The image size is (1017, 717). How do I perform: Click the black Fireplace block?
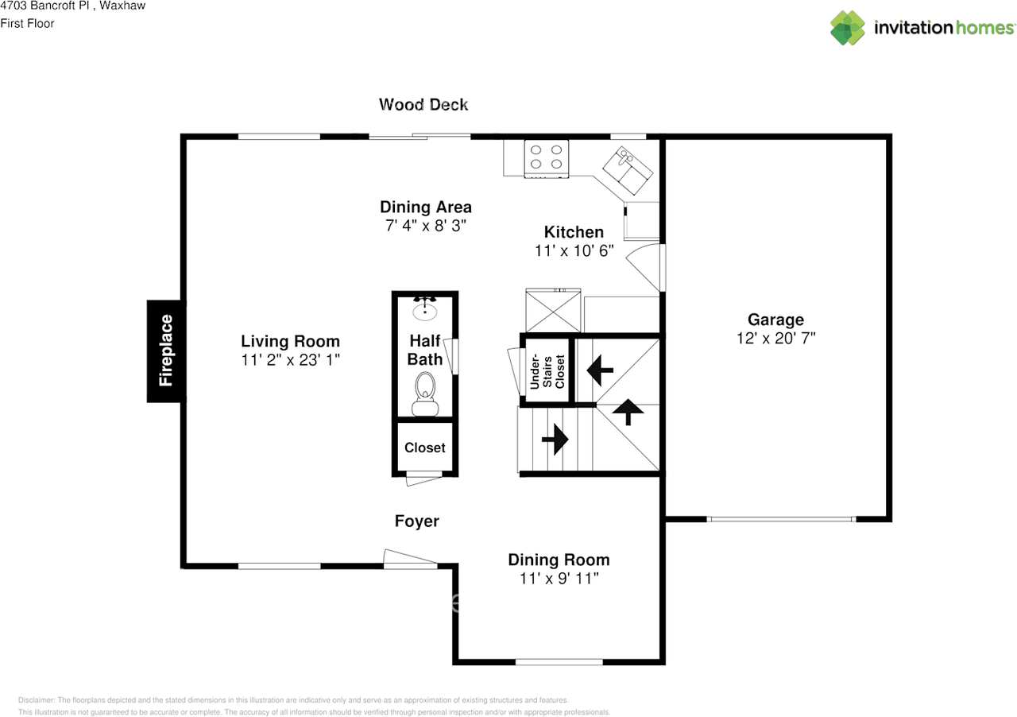[x=166, y=351]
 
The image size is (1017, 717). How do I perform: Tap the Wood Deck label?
[x=423, y=104]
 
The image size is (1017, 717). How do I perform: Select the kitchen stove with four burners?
[x=546, y=158]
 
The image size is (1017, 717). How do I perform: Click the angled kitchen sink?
[x=628, y=170]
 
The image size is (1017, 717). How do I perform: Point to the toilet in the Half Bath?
[x=425, y=393]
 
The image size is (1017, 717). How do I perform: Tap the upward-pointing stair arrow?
[x=628, y=412]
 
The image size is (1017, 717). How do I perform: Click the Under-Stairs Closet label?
[x=547, y=372]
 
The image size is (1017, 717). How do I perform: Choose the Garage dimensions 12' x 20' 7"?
[x=776, y=339]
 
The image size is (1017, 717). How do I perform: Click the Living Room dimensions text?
[x=290, y=360]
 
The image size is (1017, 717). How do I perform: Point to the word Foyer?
[x=417, y=521]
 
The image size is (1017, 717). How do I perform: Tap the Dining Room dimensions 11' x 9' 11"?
[x=559, y=579]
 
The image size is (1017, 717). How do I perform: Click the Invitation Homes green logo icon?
[x=847, y=28]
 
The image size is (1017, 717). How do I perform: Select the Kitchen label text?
[x=574, y=232]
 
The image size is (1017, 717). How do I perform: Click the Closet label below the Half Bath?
[x=425, y=448]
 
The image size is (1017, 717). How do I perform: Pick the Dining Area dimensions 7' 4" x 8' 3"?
[x=425, y=226]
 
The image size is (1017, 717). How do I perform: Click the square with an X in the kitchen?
[x=553, y=312]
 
